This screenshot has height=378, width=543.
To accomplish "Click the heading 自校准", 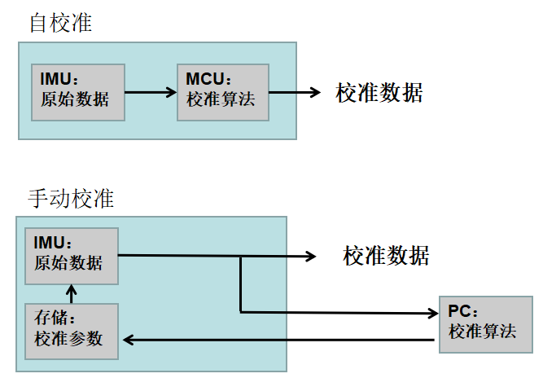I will (x=60, y=22).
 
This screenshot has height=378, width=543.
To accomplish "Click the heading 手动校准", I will (x=72, y=198).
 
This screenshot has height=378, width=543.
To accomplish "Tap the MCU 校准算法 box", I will (x=222, y=91).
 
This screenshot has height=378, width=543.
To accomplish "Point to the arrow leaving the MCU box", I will (x=294, y=92).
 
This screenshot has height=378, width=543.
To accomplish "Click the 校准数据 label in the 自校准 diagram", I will (x=379, y=92).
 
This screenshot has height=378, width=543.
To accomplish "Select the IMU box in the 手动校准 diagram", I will (x=72, y=256).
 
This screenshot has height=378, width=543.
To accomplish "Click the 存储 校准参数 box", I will (x=72, y=330).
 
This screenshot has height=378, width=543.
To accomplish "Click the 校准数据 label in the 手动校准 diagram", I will (x=386, y=257).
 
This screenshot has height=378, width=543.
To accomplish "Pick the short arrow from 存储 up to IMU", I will (x=72, y=293).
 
